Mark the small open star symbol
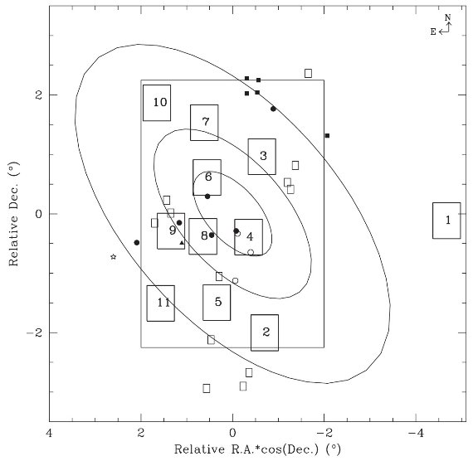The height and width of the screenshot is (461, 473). pos(114,257)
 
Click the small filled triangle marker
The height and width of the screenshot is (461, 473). pos(182,243)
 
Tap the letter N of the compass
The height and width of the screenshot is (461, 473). pos(447,17)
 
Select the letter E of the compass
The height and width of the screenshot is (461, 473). pos(433,32)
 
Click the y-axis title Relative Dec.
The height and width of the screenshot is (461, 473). pos(13,214)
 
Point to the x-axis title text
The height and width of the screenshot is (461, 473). pos(257,449)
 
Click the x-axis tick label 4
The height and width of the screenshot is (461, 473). pos(49,434)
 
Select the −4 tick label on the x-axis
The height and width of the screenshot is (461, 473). pos(416,434)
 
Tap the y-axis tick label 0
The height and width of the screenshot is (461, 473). pos(38,214)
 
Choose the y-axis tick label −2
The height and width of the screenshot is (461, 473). pos(34,332)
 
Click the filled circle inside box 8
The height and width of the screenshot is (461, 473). pos(212,235)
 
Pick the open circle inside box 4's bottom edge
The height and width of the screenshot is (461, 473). pos(251,252)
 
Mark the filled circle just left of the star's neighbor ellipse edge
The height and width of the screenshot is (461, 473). pos(137,242)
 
